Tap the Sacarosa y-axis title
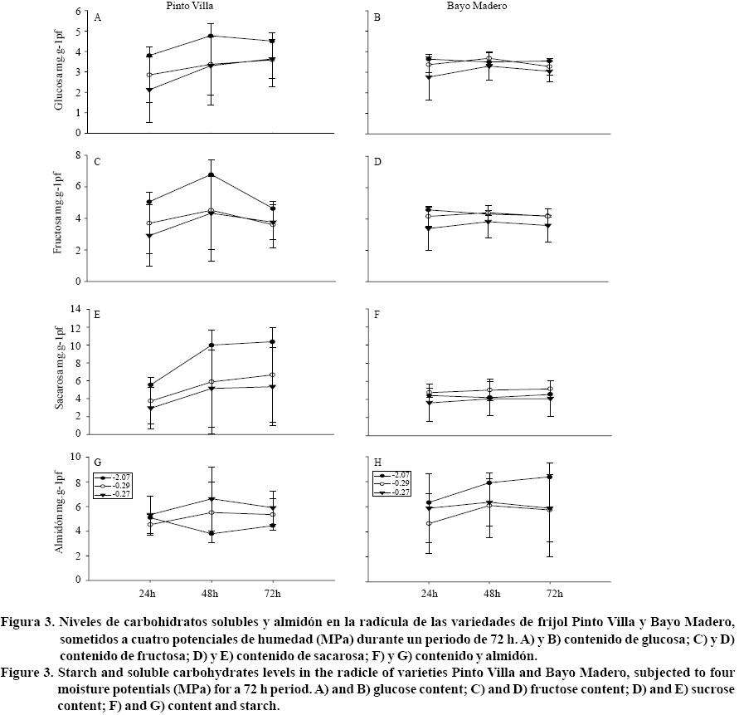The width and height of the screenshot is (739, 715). coord(59,371)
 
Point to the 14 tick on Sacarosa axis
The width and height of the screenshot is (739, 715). coord(76,309)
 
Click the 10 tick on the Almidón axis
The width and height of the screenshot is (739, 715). coord(76,457)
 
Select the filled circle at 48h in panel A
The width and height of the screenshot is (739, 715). coord(211,36)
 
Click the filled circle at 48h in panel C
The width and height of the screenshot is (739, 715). coord(211,174)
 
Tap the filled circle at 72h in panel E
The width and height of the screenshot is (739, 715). coord(273,341)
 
